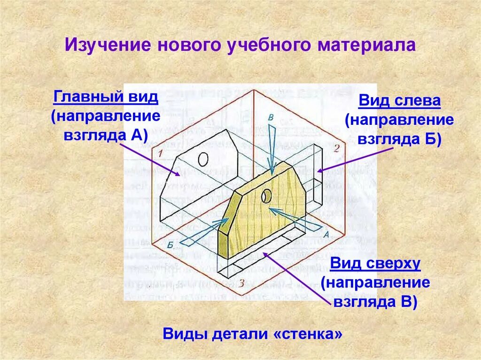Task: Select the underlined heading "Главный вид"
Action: (x=106, y=98)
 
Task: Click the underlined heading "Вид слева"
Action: (x=399, y=101)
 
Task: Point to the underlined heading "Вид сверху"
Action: (x=375, y=263)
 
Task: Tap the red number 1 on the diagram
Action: (x=160, y=153)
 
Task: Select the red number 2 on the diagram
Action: (x=336, y=149)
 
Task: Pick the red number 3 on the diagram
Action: (x=241, y=283)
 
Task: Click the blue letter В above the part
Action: (x=271, y=117)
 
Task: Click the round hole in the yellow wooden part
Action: (x=266, y=195)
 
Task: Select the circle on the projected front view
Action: (x=203, y=159)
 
